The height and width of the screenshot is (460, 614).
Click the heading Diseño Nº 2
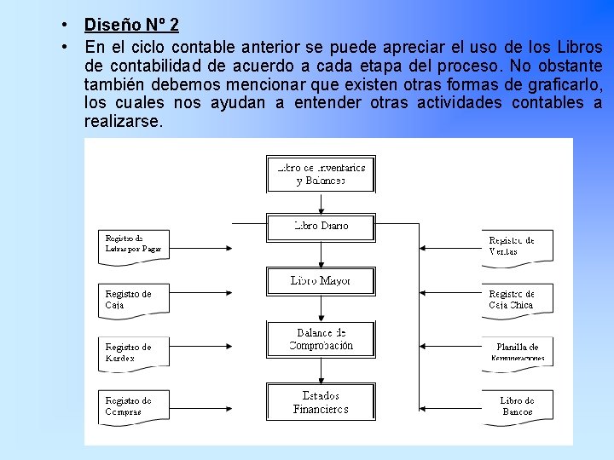(x=131, y=25)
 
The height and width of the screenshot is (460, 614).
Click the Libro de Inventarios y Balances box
(x=321, y=174)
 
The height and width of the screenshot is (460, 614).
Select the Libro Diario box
(x=321, y=227)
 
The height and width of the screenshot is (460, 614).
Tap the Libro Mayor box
(x=321, y=280)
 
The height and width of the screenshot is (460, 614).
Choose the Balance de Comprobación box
(x=321, y=339)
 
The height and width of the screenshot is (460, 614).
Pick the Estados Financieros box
(x=321, y=402)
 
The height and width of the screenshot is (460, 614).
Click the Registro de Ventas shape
(x=516, y=246)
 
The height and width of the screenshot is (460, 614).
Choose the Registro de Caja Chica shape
(x=516, y=299)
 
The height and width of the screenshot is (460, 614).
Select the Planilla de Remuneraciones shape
(x=517, y=352)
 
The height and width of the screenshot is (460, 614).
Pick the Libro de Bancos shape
(x=517, y=406)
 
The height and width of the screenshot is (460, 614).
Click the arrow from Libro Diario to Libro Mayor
(x=321, y=255)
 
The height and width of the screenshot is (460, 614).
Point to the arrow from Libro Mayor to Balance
(x=321, y=308)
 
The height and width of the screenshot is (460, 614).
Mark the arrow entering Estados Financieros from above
(x=321, y=370)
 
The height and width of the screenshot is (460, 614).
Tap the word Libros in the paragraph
(x=579, y=48)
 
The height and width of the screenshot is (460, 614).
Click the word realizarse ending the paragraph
(x=121, y=122)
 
